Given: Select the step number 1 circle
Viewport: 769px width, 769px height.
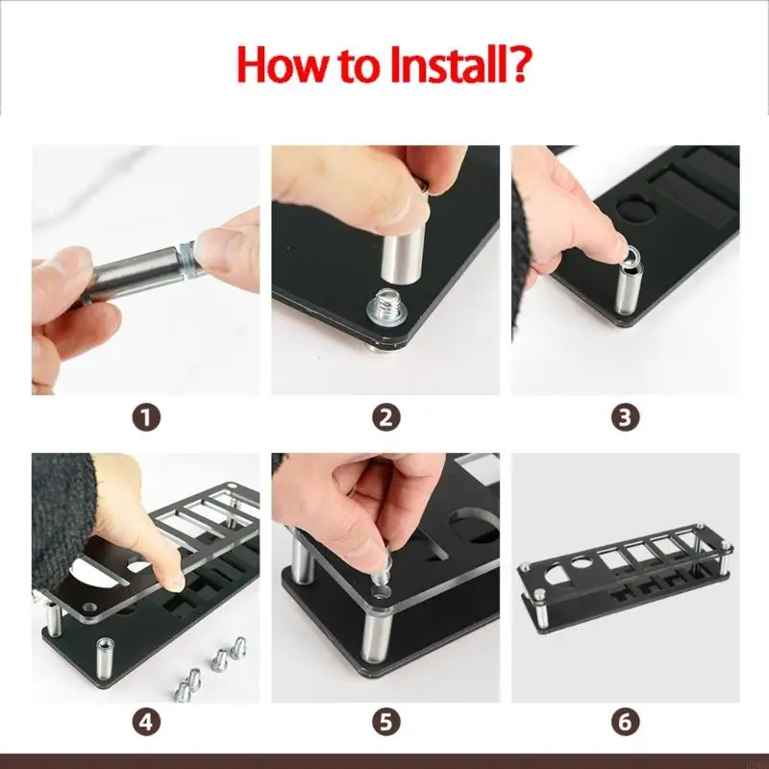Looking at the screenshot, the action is (146, 418).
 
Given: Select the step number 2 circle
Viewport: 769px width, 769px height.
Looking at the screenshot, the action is (386, 418).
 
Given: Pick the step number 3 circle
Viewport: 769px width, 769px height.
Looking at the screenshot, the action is (626, 418).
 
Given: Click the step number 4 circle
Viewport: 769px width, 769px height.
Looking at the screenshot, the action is (146, 722).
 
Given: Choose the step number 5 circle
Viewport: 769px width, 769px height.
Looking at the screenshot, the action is (386, 722).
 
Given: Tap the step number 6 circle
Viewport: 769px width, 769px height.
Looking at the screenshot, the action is (626, 722).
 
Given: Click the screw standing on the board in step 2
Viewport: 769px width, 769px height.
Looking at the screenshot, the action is (385, 309).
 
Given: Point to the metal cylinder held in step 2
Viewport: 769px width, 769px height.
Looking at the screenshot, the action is (401, 254).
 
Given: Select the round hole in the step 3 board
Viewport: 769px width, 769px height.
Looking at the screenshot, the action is (637, 208).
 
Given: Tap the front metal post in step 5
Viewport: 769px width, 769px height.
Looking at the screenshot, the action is (377, 636).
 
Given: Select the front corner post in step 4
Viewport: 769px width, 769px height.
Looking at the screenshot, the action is (105, 658).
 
